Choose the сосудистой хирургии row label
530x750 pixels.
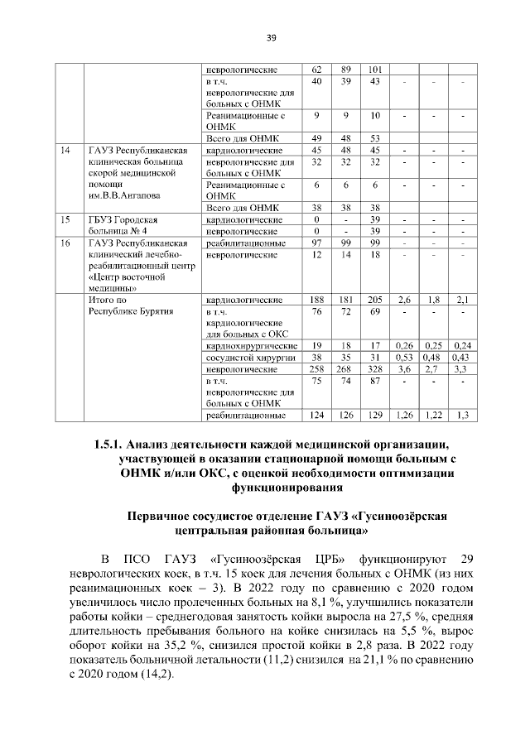click(x=245, y=356)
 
